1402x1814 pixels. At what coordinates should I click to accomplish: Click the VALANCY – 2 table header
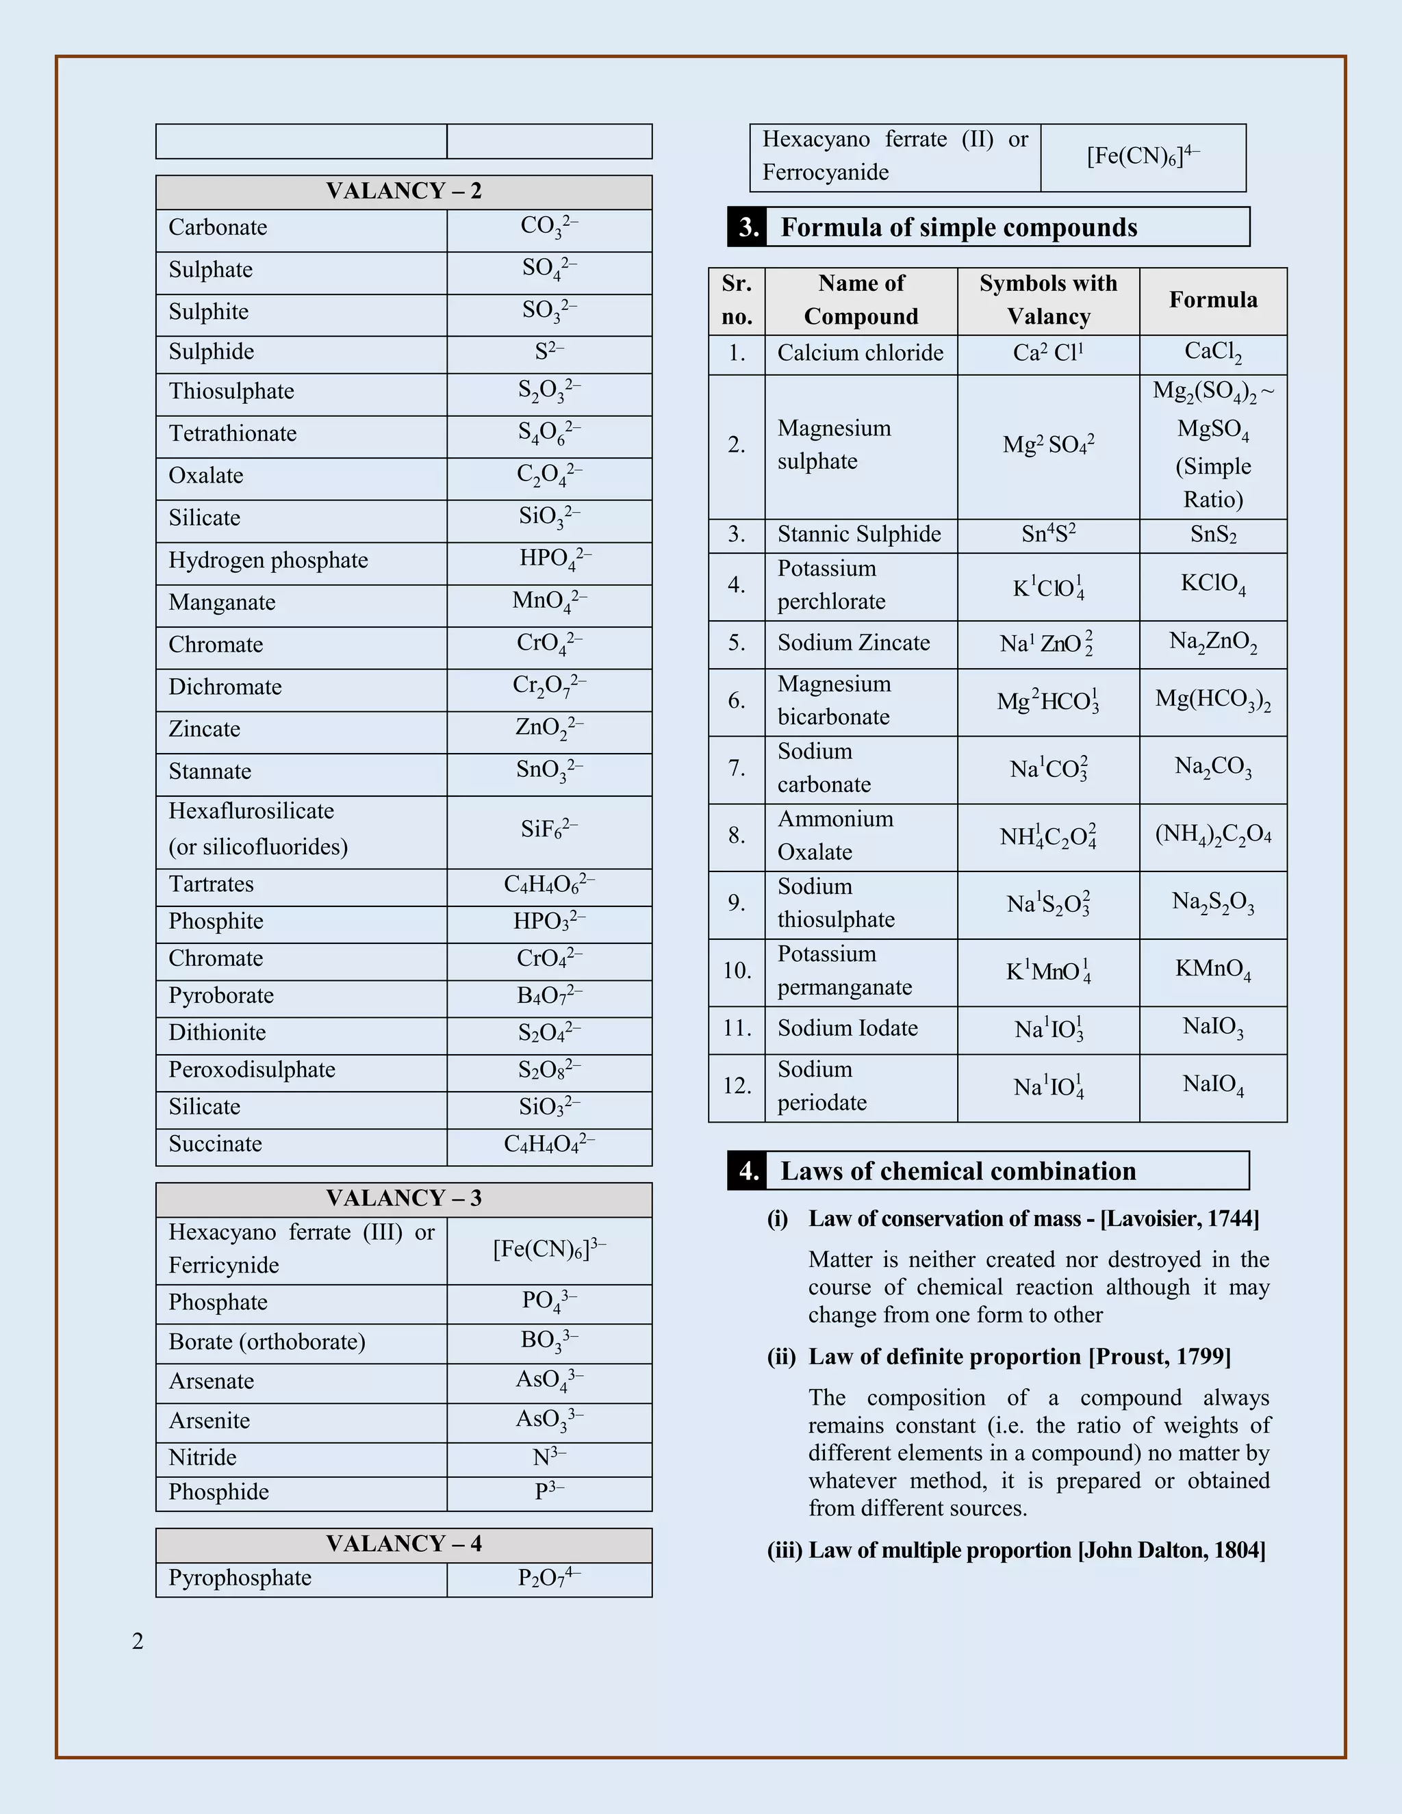(x=404, y=191)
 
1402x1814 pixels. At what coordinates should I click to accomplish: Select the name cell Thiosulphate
(x=232, y=391)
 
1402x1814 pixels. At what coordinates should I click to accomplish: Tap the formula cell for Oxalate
(x=549, y=475)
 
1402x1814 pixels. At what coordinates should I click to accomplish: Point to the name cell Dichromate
(x=225, y=687)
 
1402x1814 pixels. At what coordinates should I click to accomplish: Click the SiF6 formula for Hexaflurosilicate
(x=549, y=829)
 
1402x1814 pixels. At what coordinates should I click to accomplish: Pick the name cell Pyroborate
(x=221, y=995)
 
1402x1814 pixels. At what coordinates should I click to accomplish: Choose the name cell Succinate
(x=215, y=1144)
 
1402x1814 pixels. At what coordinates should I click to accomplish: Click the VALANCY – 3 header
(x=404, y=1198)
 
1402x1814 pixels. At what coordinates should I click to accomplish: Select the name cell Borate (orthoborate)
(x=266, y=1342)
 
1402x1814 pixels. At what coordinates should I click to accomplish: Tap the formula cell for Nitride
(x=549, y=1457)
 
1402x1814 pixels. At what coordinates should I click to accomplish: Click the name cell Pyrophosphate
(x=240, y=1577)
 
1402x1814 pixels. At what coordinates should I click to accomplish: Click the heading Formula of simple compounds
(x=958, y=227)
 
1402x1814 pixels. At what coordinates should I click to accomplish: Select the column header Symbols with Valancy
(x=1048, y=300)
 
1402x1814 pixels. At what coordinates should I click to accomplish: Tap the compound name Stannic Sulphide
(x=859, y=534)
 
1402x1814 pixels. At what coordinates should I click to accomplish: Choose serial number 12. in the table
(x=737, y=1086)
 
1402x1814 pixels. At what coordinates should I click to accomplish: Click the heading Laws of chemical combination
(x=958, y=1171)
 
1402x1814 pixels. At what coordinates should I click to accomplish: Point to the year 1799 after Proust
(x=1203, y=1356)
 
